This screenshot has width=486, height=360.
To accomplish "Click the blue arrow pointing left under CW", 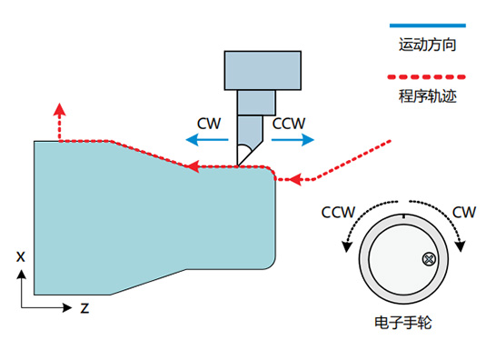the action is coord(207,139).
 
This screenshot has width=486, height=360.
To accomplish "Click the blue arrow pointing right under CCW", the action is coord(293,139).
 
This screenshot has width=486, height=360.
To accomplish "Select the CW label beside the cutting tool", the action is coord(209,124).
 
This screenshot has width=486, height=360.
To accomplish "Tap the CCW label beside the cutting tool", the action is coord(289,124).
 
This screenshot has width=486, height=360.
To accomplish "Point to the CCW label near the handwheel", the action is coord(338,213).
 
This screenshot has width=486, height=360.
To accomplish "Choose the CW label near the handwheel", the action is coord(463,213).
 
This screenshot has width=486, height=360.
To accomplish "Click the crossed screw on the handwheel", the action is coord(429,259).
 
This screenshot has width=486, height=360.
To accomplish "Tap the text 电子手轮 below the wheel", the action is coord(403,323).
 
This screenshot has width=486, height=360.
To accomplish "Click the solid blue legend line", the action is coord(428,25).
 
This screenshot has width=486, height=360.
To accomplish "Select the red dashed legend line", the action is coord(426,77).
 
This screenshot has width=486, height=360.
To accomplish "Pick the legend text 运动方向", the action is coord(428,45).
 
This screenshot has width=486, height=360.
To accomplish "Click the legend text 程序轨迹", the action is coord(428,96).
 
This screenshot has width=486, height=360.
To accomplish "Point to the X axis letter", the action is coord(21,256).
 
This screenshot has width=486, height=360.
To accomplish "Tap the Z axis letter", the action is coord(84,308).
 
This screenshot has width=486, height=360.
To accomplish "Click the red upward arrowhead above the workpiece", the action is coord(60,109).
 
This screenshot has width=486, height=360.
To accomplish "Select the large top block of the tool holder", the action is coord(263,71).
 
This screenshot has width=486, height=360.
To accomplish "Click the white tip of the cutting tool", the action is coord(243,155).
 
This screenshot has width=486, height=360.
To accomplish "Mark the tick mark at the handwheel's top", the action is coord(403,216).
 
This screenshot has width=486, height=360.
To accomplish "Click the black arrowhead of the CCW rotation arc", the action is coord(347,246).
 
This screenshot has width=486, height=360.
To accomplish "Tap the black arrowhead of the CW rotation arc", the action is coord(461,246).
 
